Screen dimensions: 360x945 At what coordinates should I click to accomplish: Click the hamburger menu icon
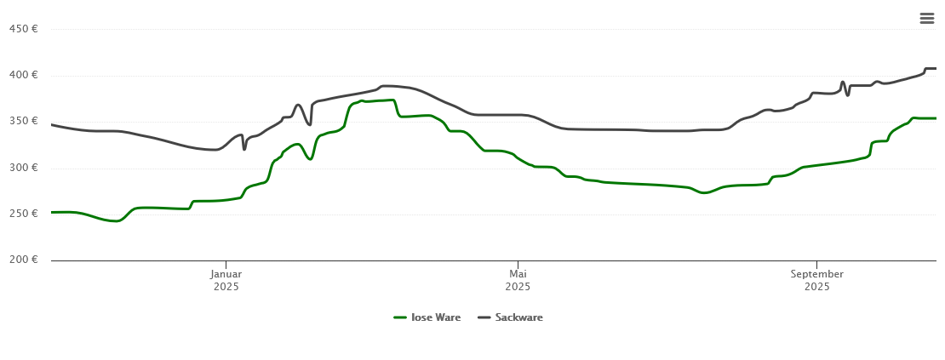(926, 18)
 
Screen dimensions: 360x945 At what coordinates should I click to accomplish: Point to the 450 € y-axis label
(23, 29)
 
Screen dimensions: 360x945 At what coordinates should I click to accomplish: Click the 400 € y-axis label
(23, 75)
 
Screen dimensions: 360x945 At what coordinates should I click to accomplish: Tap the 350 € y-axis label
(23, 121)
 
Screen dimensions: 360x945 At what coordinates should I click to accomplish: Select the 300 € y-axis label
(23, 167)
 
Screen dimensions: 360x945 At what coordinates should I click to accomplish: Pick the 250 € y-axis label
(23, 213)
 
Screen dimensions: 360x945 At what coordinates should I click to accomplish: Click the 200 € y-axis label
(23, 259)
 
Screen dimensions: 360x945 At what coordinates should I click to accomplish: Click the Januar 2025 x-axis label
(226, 280)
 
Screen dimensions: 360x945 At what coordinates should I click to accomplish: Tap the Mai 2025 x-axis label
(518, 280)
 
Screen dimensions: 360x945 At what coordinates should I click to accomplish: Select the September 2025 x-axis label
(816, 280)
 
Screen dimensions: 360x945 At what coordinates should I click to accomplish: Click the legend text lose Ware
(436, 317)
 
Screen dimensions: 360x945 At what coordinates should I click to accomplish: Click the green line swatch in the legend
(400, 317)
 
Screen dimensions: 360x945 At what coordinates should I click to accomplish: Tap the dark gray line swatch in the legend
(484, 317)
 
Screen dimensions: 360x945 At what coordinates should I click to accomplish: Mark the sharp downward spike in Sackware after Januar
(244, 149)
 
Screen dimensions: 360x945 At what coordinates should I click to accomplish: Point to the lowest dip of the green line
(117, 221)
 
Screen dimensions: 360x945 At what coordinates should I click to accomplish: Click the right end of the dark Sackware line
(935, 68)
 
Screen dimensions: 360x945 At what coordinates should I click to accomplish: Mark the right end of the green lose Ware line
(935, 118)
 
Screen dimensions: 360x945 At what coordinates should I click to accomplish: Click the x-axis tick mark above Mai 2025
(518, 263)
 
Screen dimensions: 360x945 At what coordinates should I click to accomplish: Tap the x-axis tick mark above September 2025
(816, 263)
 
